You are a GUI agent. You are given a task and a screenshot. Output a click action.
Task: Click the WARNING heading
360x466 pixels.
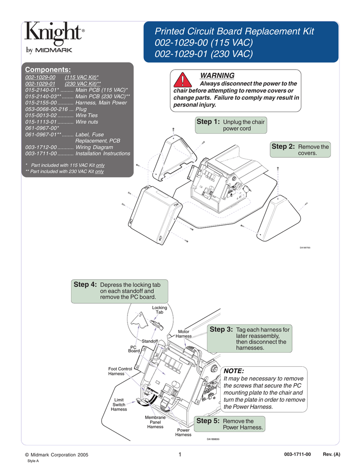click(x=217, y=76)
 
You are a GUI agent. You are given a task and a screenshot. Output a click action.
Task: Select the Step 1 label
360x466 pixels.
click(x=208, y=122)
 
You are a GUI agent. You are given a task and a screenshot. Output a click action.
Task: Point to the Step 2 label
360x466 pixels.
click(x=283, y=147)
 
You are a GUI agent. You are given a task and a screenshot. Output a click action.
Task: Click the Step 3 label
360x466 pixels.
click(x=221, y=329)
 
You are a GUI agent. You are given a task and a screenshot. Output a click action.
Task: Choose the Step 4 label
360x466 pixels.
click(x=85, y=284)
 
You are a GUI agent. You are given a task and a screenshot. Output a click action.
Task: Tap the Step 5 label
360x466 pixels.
click(x=208, y=421)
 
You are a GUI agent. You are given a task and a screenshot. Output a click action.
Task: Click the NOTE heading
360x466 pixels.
click(x=234, y=371)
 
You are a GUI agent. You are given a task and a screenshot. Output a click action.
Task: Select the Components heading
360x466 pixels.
click(x=48, y=69)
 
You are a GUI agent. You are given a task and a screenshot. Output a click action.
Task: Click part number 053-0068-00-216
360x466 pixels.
click(x=50, y=109)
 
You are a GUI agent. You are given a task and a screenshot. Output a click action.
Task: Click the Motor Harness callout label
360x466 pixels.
click(x=183, y=334)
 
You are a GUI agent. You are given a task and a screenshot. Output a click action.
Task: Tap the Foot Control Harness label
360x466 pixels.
click(x=120, y=371)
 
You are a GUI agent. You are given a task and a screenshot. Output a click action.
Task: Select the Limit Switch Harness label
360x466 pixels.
click(x=119, y=405)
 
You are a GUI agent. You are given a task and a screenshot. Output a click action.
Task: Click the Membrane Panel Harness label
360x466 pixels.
click(x=155, y=422)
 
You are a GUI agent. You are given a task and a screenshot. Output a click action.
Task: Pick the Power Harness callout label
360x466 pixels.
click(x=183, y=432)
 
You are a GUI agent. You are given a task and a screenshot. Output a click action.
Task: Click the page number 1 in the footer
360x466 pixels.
click(x=180, y=454)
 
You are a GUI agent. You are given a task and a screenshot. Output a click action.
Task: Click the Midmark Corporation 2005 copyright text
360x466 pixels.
click(x=56, y=455)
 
